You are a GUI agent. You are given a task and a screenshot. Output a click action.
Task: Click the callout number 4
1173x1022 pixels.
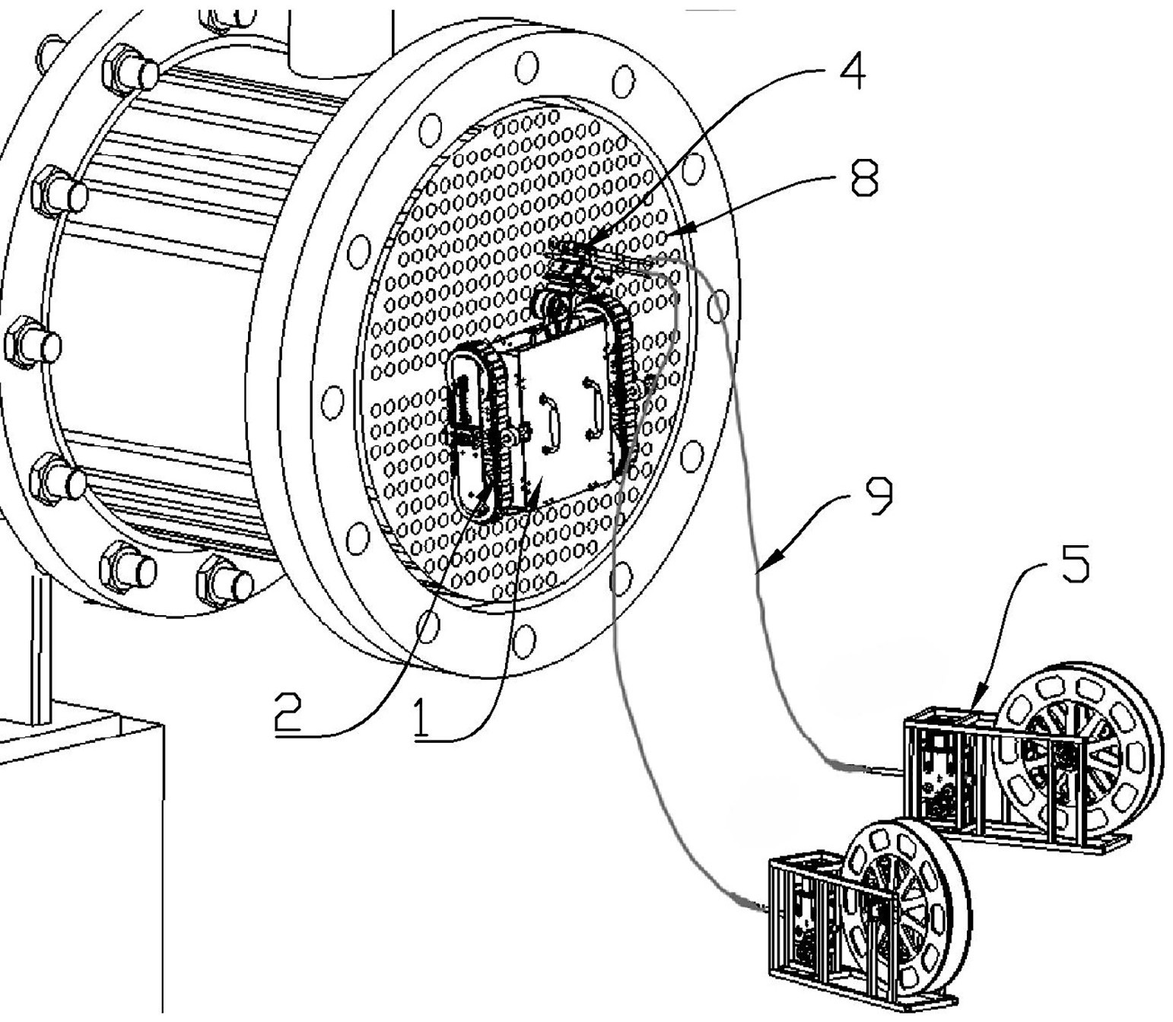coord(851,73)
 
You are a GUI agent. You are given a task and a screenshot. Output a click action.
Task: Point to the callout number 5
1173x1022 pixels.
coord(1074,563)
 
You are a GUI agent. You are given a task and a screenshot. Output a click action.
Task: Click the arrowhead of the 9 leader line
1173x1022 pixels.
coord(764,569)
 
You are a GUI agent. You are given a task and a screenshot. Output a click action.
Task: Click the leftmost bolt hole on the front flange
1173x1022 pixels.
coord(332,401)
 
